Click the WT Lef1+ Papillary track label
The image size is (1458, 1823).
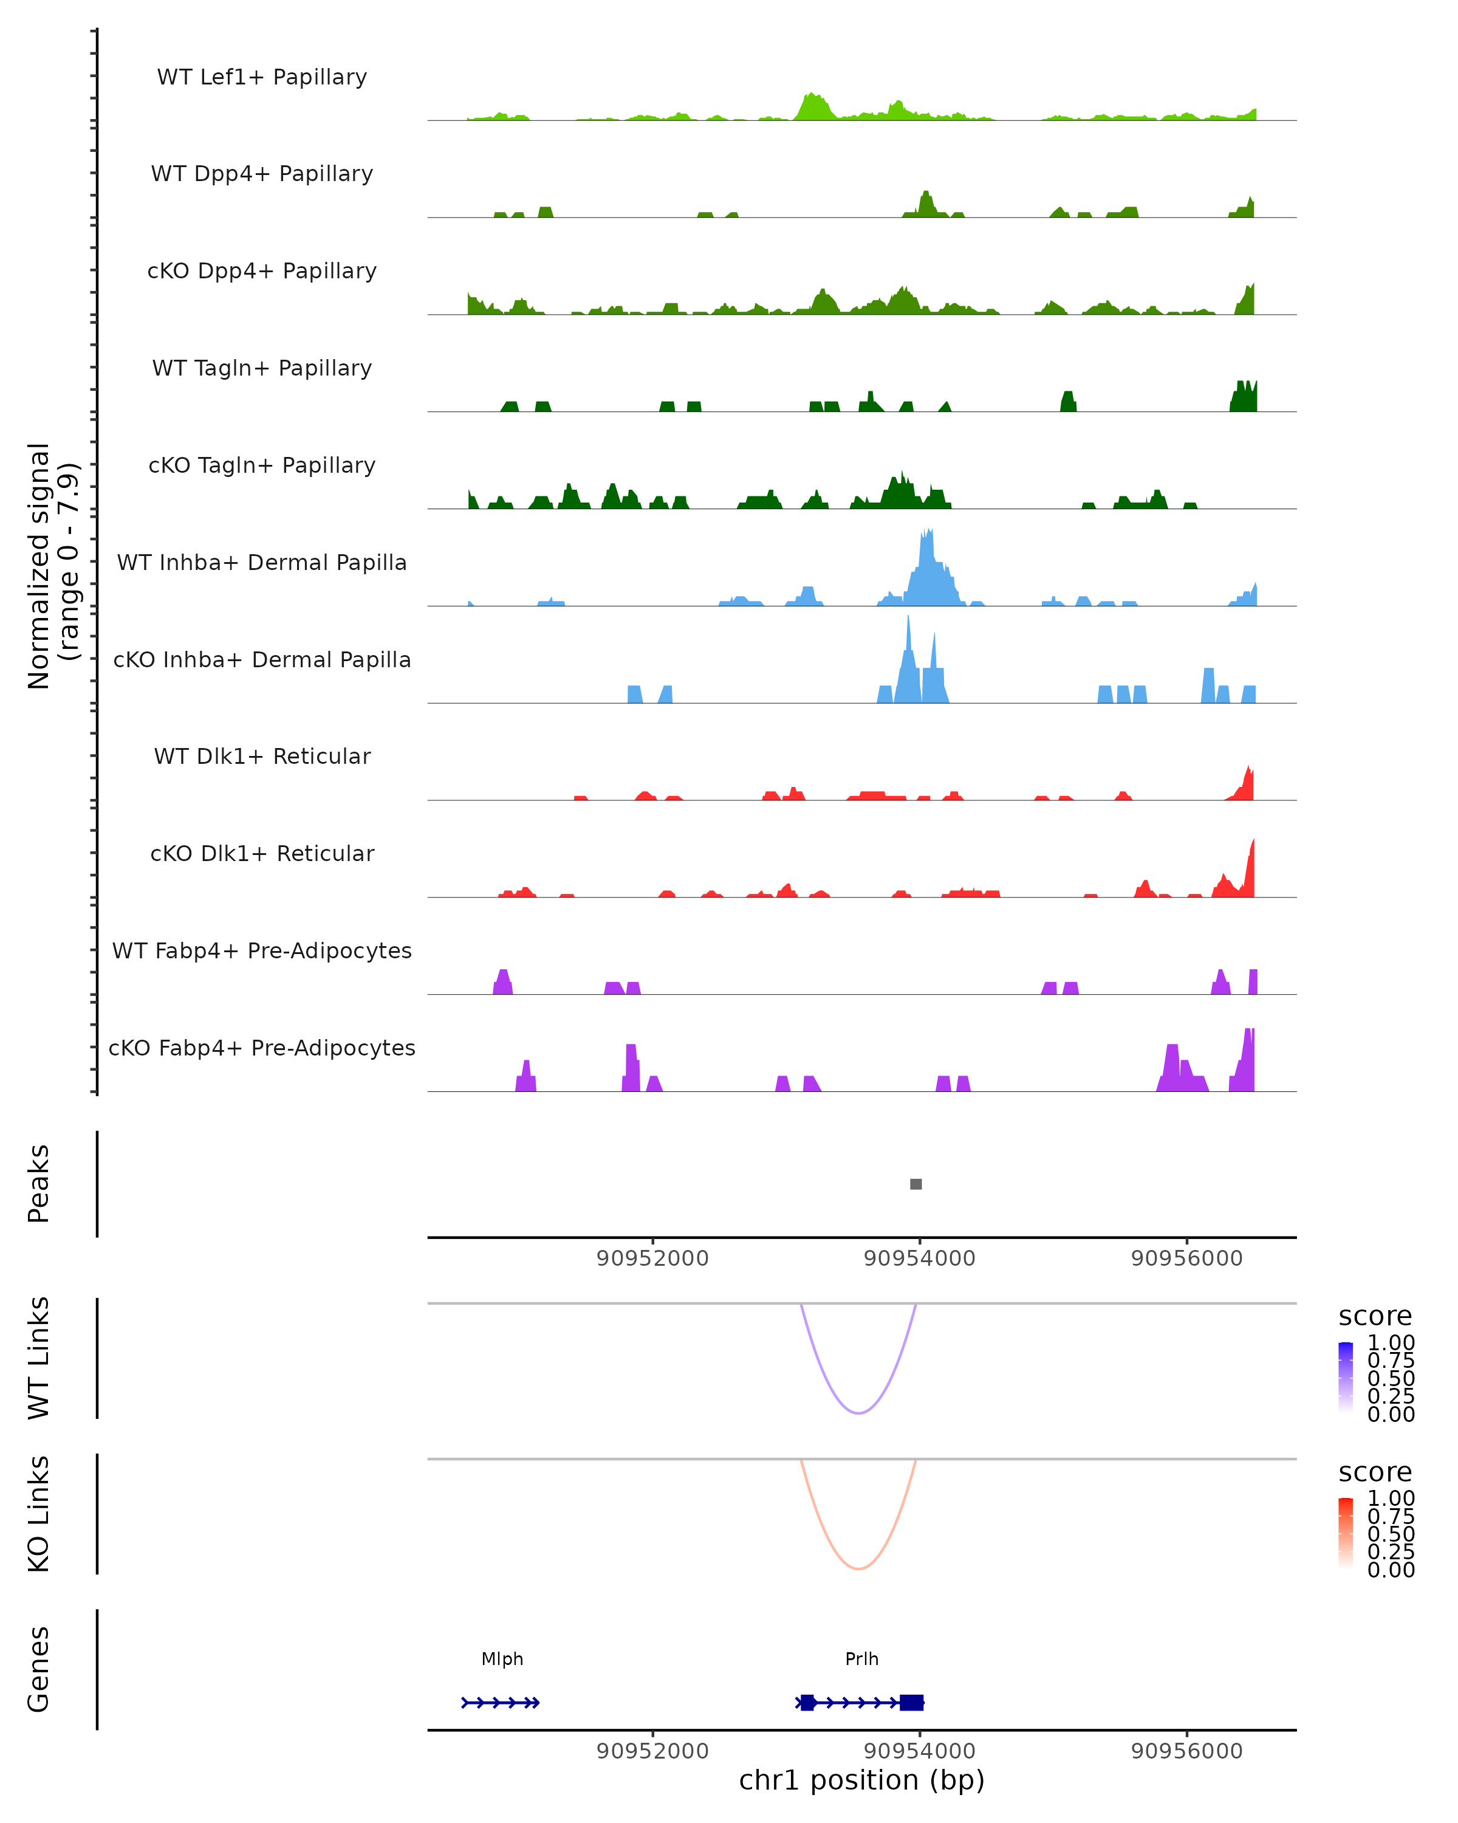262,77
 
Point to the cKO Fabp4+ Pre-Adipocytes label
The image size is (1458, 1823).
262,1048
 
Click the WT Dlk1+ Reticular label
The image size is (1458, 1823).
262,756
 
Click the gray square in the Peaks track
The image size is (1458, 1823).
916,1184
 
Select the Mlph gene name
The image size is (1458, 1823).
502,1659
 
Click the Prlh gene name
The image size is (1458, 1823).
861,1659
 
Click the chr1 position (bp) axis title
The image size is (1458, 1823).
861,1780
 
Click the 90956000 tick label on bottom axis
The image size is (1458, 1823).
1186,1751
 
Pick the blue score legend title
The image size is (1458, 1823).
1374,1317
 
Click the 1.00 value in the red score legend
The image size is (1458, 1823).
1391,1499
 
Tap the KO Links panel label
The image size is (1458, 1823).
39,1514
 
